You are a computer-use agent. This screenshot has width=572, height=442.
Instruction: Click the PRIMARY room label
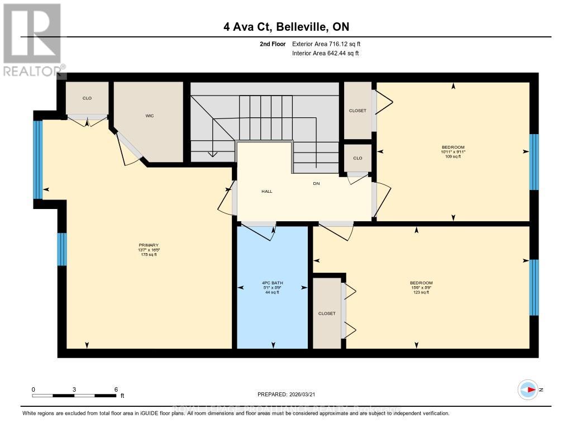click(149, 245)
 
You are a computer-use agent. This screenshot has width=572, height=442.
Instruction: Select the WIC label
click(150, 116)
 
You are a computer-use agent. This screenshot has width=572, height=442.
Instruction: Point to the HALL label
click(267, 191)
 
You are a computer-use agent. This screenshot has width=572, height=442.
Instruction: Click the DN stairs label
click(316, 183)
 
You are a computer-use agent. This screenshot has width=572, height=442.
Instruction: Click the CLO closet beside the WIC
click(87, 98)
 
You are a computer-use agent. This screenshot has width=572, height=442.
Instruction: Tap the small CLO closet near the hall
click(357, 158)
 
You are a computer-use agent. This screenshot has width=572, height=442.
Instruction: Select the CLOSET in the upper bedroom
click(357, 111)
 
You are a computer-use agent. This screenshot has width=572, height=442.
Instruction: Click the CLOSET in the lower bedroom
click(327, 313)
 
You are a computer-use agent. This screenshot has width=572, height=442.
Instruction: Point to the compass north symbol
click(528, 389)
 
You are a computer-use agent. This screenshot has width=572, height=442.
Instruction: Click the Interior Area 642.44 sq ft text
click(326, 54)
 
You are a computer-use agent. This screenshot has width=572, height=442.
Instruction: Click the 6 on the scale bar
click(116, 389)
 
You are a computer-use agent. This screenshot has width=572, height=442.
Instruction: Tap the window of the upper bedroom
click(534, 161)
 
